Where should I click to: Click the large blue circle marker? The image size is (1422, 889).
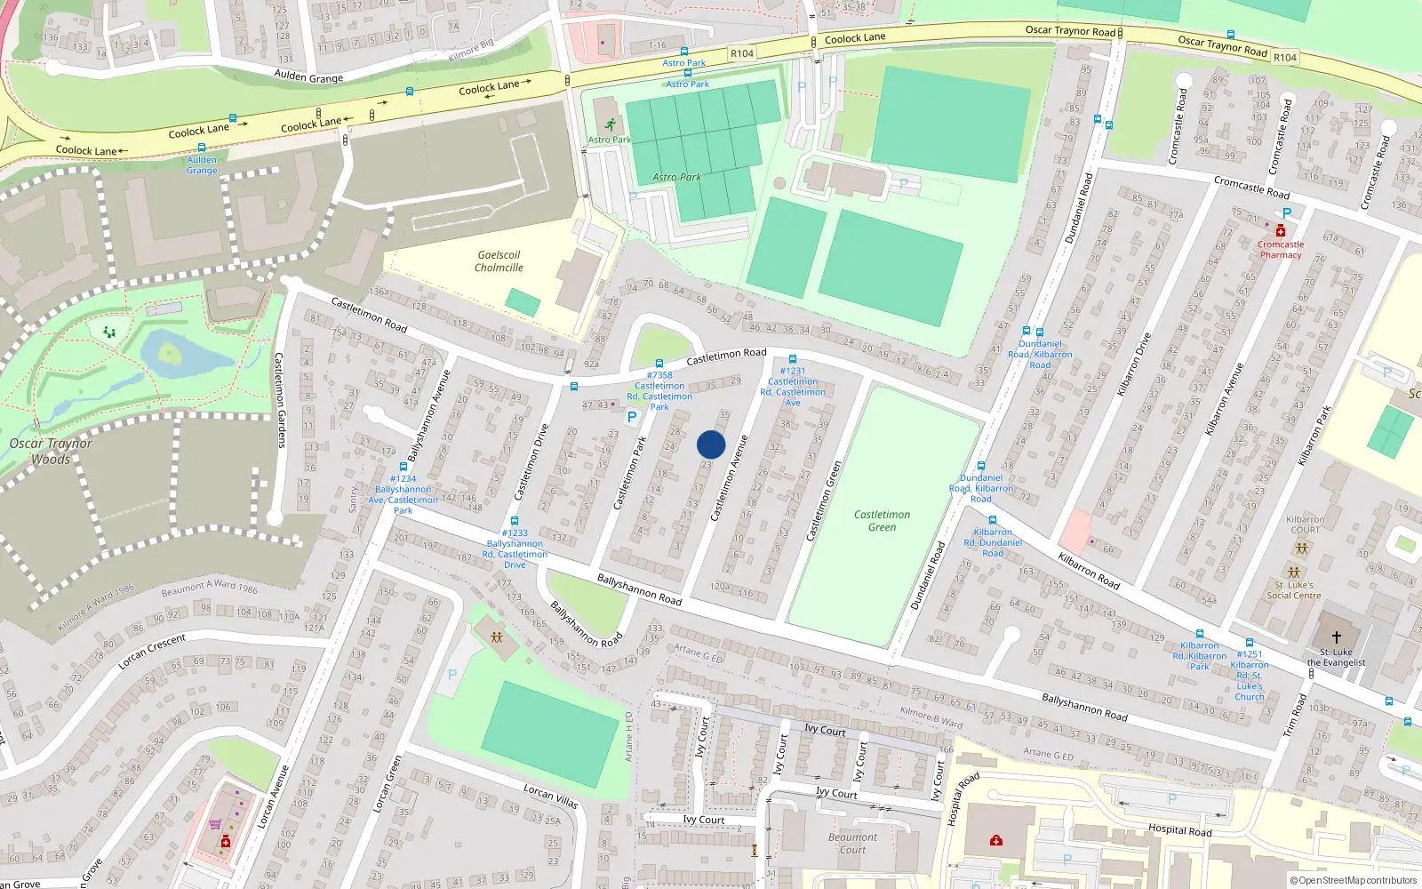pos(711,444)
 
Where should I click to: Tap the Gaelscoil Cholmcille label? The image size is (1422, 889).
pos(499,261)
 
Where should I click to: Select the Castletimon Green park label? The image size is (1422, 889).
pos(882,521)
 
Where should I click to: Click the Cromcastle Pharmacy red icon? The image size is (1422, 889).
pos(1281,231)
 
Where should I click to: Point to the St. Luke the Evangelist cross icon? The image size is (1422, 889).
pos(1336,637)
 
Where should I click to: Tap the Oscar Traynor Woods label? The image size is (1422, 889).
pos(51,451)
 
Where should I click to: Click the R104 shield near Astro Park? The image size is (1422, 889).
pos(742,53)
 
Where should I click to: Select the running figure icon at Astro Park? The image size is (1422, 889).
pos(610,125)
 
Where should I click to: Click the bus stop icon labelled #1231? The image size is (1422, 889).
pos(792,360)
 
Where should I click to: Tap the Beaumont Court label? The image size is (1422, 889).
pos(852,843)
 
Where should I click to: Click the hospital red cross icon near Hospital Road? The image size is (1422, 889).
pos(996,840)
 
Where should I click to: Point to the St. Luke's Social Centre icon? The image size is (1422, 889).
pos(1294,572)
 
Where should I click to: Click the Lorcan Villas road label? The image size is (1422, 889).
pos(550,796)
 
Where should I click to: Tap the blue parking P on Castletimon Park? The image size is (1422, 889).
pos(632,416)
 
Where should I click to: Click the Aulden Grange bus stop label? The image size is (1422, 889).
pos(202,165)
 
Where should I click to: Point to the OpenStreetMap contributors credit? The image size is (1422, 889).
pos(1354,880)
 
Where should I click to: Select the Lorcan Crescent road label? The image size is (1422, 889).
pos(152,652)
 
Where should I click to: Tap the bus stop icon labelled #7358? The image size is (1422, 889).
pos(659,364)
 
